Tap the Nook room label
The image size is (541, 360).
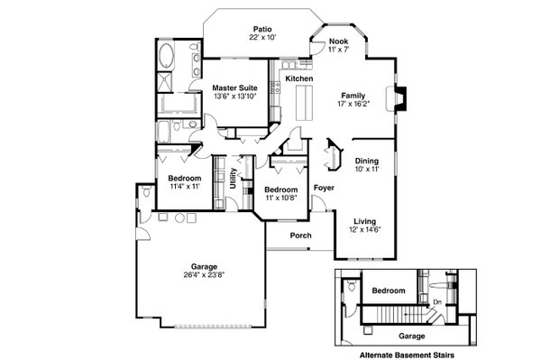tap(338, 42)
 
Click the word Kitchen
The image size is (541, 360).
tap(299, 79)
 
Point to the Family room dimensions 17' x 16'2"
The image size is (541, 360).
tap(353, 104)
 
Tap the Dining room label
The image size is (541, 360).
tap(366, 161)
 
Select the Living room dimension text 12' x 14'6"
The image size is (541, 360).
tap(364, 229)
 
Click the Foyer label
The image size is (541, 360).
tap(324, 188)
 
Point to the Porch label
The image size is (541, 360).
tap(300, 236)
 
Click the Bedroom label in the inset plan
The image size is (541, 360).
tap(390, 291)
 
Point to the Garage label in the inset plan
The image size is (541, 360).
tap(387, 334)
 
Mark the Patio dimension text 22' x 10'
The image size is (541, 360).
tap(262, 38)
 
